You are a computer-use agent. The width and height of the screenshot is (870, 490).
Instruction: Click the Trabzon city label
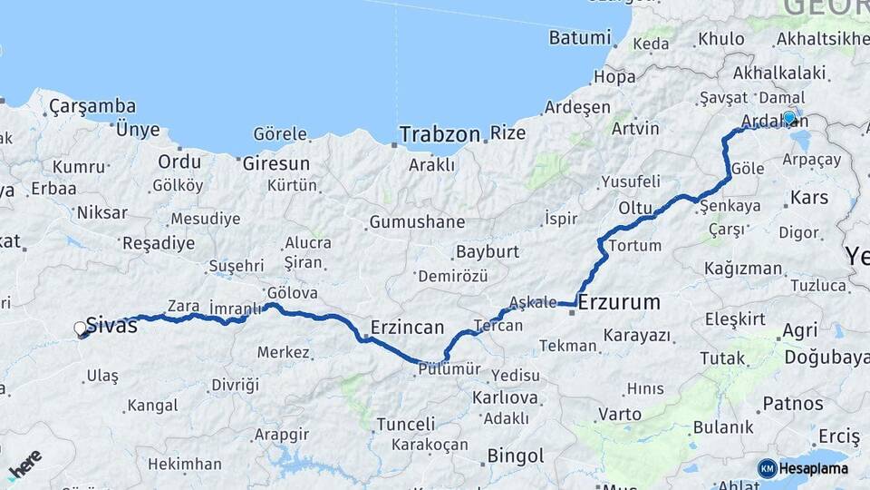pos(440,134)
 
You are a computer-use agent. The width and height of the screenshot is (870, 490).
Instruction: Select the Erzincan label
pos(407,328)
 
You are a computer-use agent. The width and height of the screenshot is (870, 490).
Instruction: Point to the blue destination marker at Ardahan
pos(789,118)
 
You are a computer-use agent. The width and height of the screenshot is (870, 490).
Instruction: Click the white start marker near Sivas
pos(81,329)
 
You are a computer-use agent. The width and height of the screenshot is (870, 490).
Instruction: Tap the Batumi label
pos(580,38)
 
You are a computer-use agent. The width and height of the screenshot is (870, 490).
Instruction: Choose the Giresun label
pos(275,164)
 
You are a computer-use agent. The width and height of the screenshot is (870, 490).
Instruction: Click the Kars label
pos(808,197)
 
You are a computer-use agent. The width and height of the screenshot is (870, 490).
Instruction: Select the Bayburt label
pos(487,251)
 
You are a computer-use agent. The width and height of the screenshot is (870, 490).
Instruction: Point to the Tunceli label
pos(405,424)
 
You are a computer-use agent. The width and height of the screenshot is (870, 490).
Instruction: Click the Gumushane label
pos(417,222)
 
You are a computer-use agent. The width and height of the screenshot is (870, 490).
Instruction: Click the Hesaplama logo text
pos(816,468)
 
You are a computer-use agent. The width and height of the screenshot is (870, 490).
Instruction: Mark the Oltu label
pos(636,208)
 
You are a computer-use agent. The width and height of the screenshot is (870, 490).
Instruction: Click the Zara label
pos(184,307)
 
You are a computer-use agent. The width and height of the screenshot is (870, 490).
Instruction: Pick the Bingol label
pos(516,456)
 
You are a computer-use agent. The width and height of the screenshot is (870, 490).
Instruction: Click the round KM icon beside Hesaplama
pos(767,468)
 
